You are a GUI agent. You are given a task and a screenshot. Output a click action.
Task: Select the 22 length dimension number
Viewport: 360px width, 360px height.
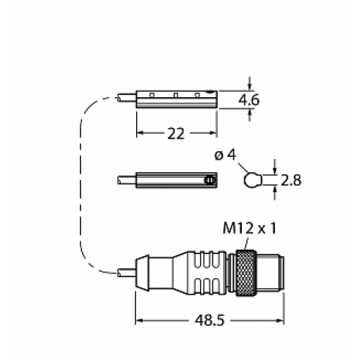[176, 134]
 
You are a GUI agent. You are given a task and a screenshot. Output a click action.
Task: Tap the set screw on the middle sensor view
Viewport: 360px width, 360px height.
[210, 179]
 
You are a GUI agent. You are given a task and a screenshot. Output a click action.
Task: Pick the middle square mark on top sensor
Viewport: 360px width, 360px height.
[176, 94]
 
